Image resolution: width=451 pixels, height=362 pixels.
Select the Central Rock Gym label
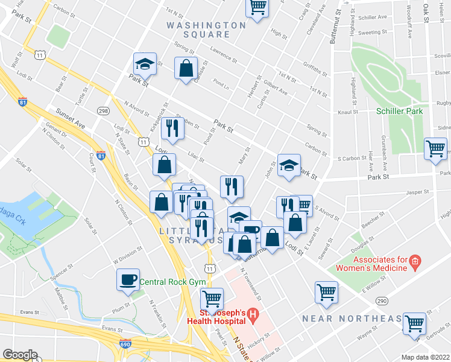[x=173, y=282]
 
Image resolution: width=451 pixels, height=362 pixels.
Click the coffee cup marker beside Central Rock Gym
[x=128, y=280]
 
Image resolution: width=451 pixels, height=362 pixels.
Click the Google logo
[x=20, y=355]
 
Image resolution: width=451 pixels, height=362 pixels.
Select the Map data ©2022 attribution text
[x=425, y=357]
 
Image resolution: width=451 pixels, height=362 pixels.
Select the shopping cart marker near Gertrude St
[x=415, y=324]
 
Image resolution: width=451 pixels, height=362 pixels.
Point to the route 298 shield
[x=103, y=111]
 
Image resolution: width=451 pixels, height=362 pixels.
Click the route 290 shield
[x=381, y=300]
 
